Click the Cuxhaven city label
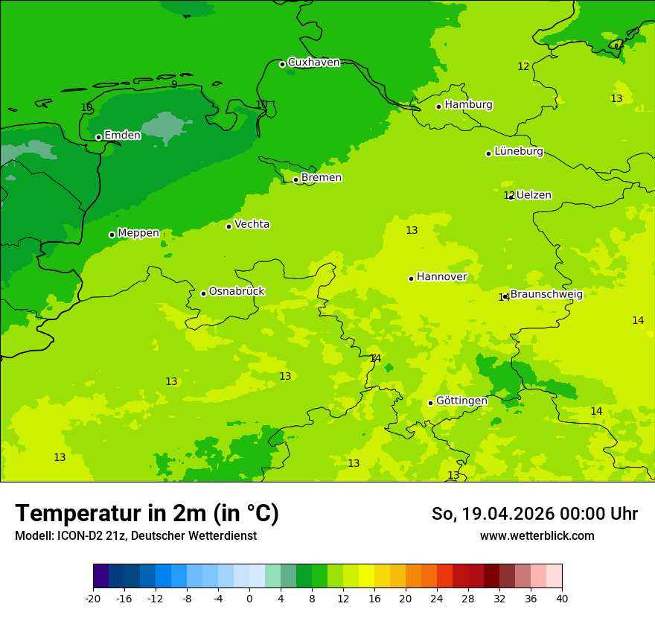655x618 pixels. pyautogui.click(x=313, y=63)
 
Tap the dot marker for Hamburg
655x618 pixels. pyautogui.click(x=439, y=106)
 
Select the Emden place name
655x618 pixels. pyautogui.click(x=122, y=136)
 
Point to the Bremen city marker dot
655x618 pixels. pyautogui.click(x=295, y=179)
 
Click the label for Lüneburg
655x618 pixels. pyautogui.click(x=519, y=152)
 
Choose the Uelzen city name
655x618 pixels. pyautogui.click(x=534, y=195)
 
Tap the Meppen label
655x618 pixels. pyautogui.click(x=138, y=233)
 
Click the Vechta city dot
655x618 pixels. pyautogui.click(x=229, y=226)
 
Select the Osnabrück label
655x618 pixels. pyautogui.click(x=237, y=291)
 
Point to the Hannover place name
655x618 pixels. pyautogui.click(x=441, y=277)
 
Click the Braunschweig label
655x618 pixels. pyautogui.click(x=546, y=294)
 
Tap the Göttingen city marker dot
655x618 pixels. pyautogui.click(x=430, y=403)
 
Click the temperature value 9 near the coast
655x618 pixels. pyautogui.click(x=174, y=84)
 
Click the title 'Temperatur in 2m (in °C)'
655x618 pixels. pyautogui.click(x=147, y=513)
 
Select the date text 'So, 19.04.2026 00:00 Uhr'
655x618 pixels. pyautogui.click(x=534, y=514)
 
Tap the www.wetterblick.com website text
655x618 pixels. pyautogui.click(x=537, y=535)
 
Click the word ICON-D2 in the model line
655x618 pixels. pyautogui.click(x=75, y=535)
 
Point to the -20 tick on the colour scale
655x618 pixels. pyautogui.click(x=93, y=598)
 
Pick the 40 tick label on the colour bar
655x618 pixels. pyautogui.click(x=561, y=598)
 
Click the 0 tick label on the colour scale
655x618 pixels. pyautogui.click(x=249, y=598)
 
